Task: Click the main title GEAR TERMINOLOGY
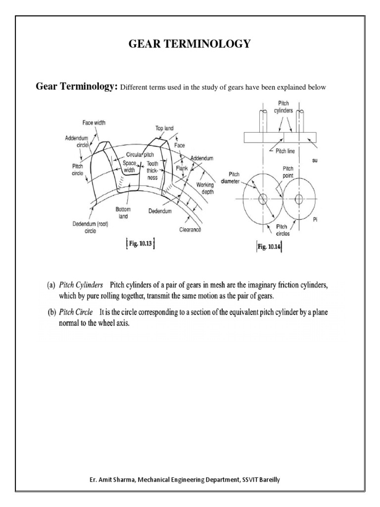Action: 190,44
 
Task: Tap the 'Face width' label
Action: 94,122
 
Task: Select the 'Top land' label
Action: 165,128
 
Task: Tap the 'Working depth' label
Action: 205,188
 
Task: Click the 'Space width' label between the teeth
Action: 129,166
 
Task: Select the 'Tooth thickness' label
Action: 152,170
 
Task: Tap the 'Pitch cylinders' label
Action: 284,107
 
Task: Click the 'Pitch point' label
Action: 288,172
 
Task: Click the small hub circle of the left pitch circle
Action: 262,199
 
